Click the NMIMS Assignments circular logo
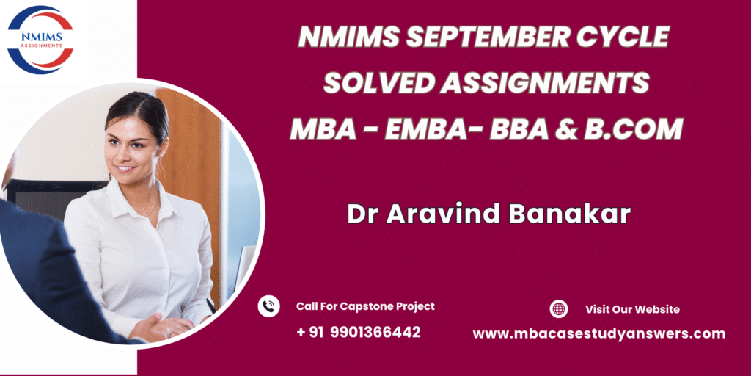(x=40, y=40)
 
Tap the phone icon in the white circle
(x=268, y=306)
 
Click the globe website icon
(x=558, y=309)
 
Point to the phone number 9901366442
(x=375, y=332)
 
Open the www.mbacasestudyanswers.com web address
(x=598, y=334)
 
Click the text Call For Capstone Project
(x=365, y=306)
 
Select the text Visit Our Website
(x=632, y=309)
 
